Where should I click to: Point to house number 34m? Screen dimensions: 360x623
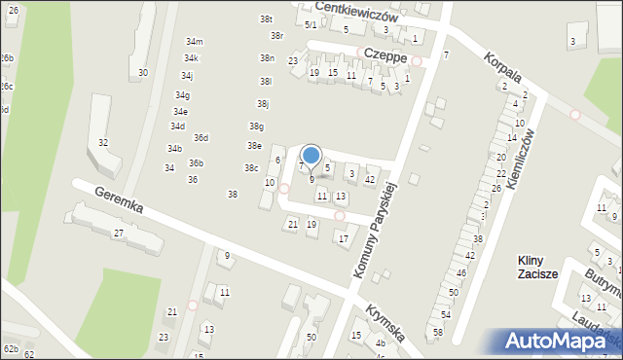point(195,42)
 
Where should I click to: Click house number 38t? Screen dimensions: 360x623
point(266,19)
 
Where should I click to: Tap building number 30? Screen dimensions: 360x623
point(143,73)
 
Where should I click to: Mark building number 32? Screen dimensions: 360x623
point(103,143)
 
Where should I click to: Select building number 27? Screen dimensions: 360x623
point(118,234)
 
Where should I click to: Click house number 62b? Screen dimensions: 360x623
point(11,348)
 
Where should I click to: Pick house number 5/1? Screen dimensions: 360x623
point(311,25)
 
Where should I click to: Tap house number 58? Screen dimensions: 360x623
point(438,333)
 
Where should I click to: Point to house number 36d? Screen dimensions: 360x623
point(201,138)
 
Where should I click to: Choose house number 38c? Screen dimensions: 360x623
point(250,168)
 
